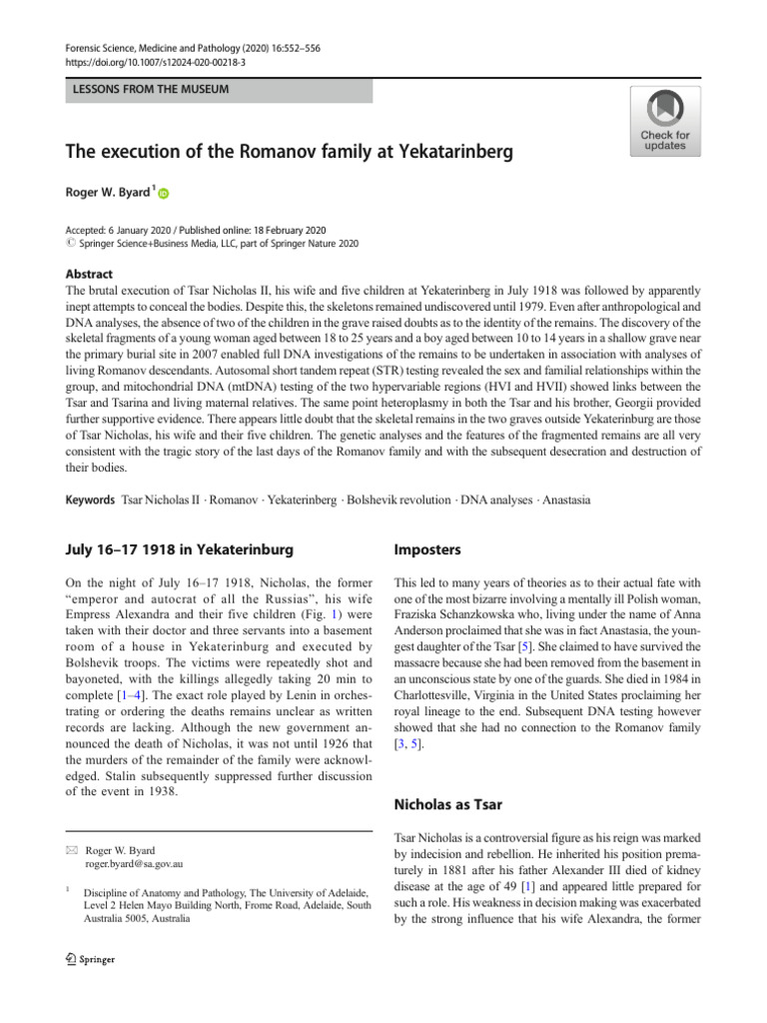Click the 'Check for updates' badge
click(664, 121)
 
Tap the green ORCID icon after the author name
click(164, 196)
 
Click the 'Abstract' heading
click(89, 274)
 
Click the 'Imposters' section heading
click(427, 549)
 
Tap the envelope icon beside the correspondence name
click(71, 850)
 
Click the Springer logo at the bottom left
click(91, 959)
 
